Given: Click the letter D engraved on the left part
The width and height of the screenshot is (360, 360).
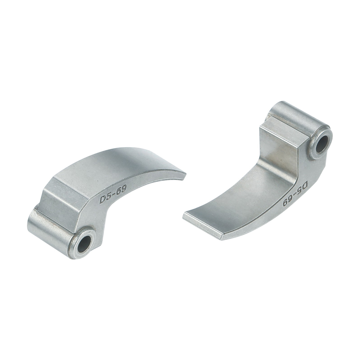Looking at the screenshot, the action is pos(103,199).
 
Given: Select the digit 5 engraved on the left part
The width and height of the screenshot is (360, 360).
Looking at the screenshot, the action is pos(108,196).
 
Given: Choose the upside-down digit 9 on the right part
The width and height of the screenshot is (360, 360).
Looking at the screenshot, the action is pos(286,203).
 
